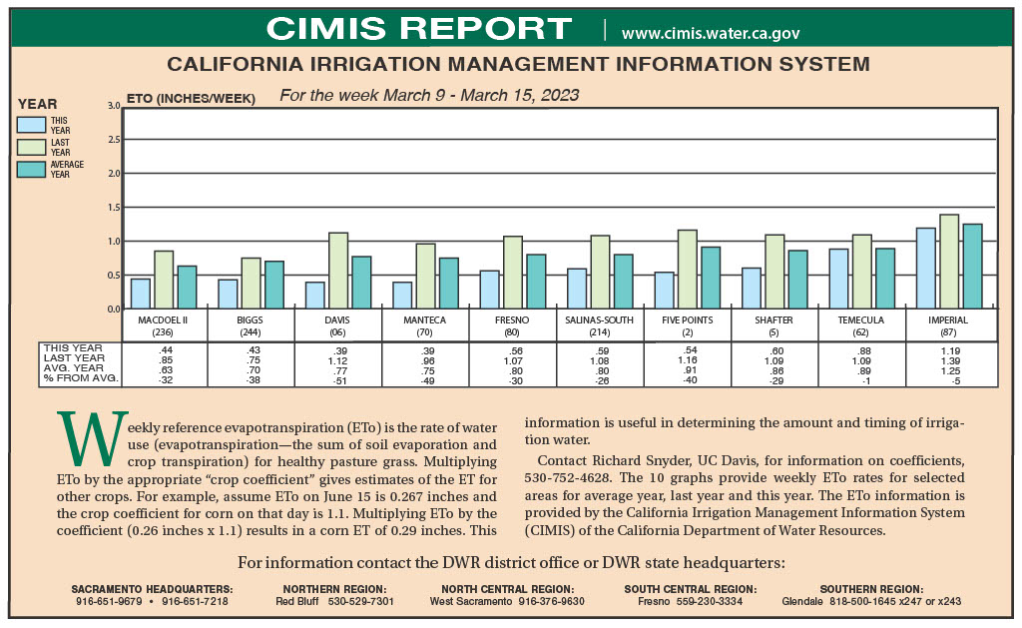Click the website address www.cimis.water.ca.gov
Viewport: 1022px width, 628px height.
711,33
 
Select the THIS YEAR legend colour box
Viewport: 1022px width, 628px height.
32,125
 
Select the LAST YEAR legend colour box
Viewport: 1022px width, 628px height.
32,147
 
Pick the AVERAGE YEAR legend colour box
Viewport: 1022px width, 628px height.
32,170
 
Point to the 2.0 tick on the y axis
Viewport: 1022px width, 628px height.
114,174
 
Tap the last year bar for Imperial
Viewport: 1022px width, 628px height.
949,262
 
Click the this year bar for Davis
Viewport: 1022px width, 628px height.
315,295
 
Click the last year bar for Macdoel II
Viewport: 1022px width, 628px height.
164,280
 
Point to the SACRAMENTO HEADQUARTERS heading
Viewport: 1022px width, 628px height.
152,589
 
